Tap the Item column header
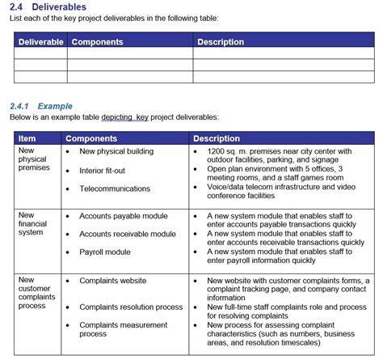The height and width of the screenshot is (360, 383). click(27, 138)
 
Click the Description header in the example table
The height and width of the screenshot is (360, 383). click(217, 138)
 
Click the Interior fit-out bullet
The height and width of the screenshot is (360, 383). click(102, 171)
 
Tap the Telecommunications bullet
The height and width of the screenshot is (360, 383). click(114, 188)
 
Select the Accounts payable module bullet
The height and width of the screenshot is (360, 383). click(124, 216)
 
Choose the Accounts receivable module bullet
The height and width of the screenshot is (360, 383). click(127, 234)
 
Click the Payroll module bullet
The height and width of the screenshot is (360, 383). click(105, 252)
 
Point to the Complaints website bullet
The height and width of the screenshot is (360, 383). click(113, 281)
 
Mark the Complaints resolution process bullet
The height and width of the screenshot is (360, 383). click(131, 307)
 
